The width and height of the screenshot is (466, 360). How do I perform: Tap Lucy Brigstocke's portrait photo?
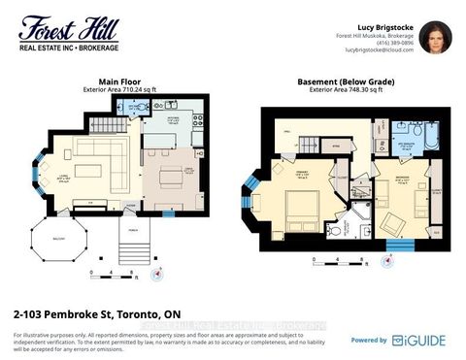point(434,37)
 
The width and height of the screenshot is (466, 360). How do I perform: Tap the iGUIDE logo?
point(417,340)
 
